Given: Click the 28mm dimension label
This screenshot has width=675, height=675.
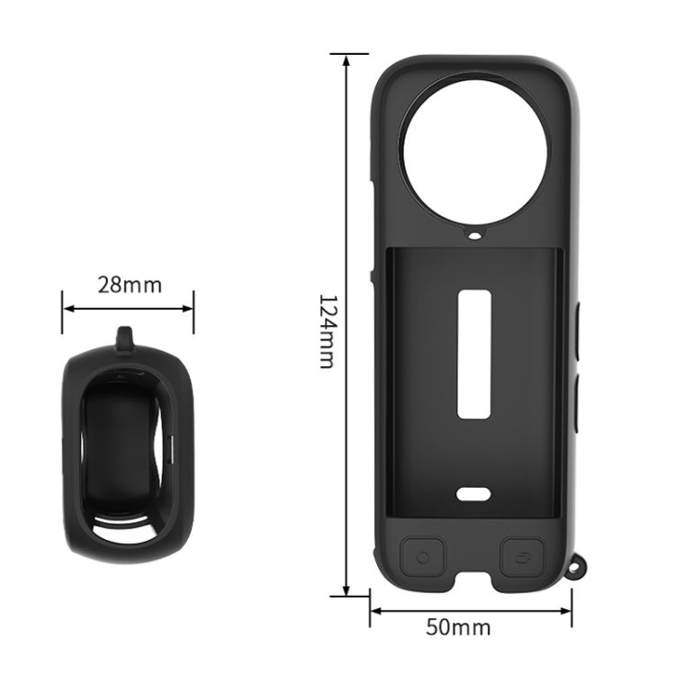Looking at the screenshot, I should [130, 285].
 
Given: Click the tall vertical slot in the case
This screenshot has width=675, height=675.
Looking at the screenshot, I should [475, 354].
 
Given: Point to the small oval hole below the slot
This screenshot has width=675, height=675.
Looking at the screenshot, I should [474, 493].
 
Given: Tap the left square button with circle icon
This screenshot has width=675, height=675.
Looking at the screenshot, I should [423, 556].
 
